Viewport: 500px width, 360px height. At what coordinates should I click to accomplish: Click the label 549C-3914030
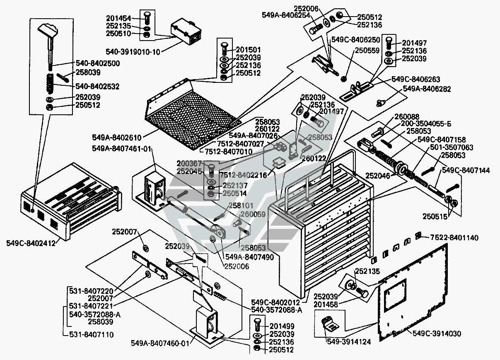437,333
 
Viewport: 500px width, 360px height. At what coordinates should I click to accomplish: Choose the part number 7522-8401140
454,238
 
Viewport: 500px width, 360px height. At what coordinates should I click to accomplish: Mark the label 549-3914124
348,342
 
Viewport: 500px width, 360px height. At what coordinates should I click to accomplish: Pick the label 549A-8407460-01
159,343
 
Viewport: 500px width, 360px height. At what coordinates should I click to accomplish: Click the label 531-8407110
91,334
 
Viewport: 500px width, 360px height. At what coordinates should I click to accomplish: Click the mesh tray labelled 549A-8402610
191,114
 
